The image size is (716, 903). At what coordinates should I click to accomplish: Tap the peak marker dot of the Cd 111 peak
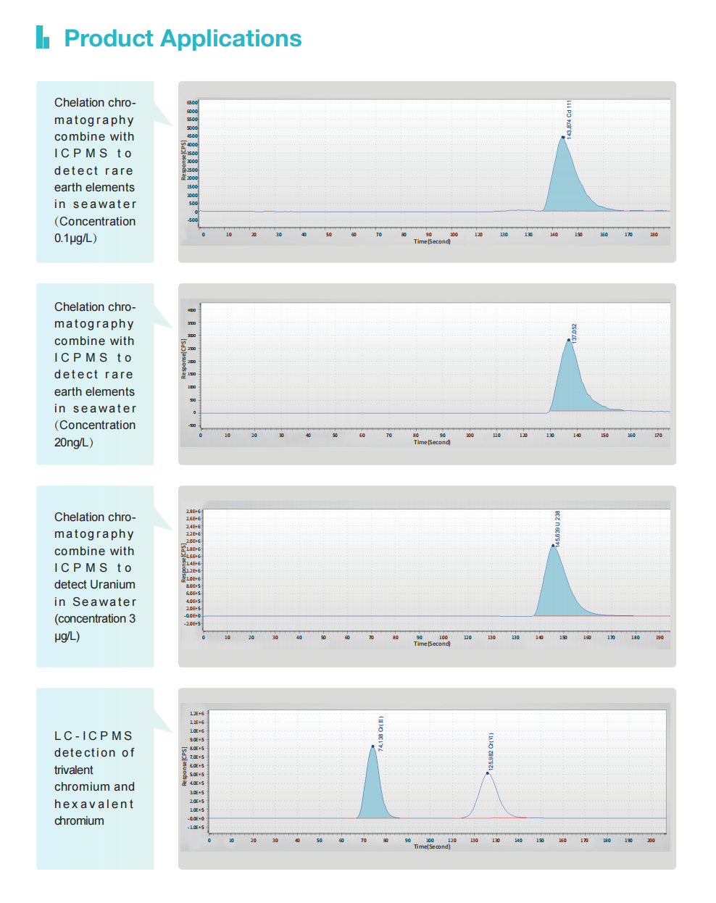click(x=562, y=137)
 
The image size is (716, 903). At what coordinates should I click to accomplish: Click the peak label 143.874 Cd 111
click(x=570, y=119)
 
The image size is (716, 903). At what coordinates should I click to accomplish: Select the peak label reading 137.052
click(x=575, y=333)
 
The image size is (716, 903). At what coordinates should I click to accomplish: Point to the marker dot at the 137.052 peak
click(x=568, y=340)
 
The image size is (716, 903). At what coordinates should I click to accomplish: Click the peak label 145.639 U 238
click(x=557, y=528)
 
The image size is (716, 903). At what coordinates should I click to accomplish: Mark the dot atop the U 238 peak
click(x=553, y=546)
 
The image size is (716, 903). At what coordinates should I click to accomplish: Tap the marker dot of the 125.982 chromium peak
click(x=487, y=773)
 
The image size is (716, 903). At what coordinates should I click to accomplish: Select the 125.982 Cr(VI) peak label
click(x=491, y=751)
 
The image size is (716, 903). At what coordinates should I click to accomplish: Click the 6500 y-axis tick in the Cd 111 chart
click(x=192, y=103)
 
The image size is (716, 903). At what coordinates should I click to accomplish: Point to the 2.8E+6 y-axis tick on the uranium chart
click(x=193, y=512)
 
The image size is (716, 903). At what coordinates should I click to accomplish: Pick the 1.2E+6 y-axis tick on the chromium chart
click(x=196, y=714)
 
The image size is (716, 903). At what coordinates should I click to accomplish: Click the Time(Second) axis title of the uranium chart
click(x=432, y=644)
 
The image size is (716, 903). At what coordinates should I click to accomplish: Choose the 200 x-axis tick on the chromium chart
click(x=651, y=841)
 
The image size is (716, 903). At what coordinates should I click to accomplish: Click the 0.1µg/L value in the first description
click(x=75, y=238)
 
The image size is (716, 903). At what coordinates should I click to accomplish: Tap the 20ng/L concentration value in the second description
click(x=73, y=442)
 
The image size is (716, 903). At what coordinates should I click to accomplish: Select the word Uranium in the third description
click(x=114, y=585)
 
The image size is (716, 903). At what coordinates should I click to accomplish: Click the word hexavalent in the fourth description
click(x=94, y=804)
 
